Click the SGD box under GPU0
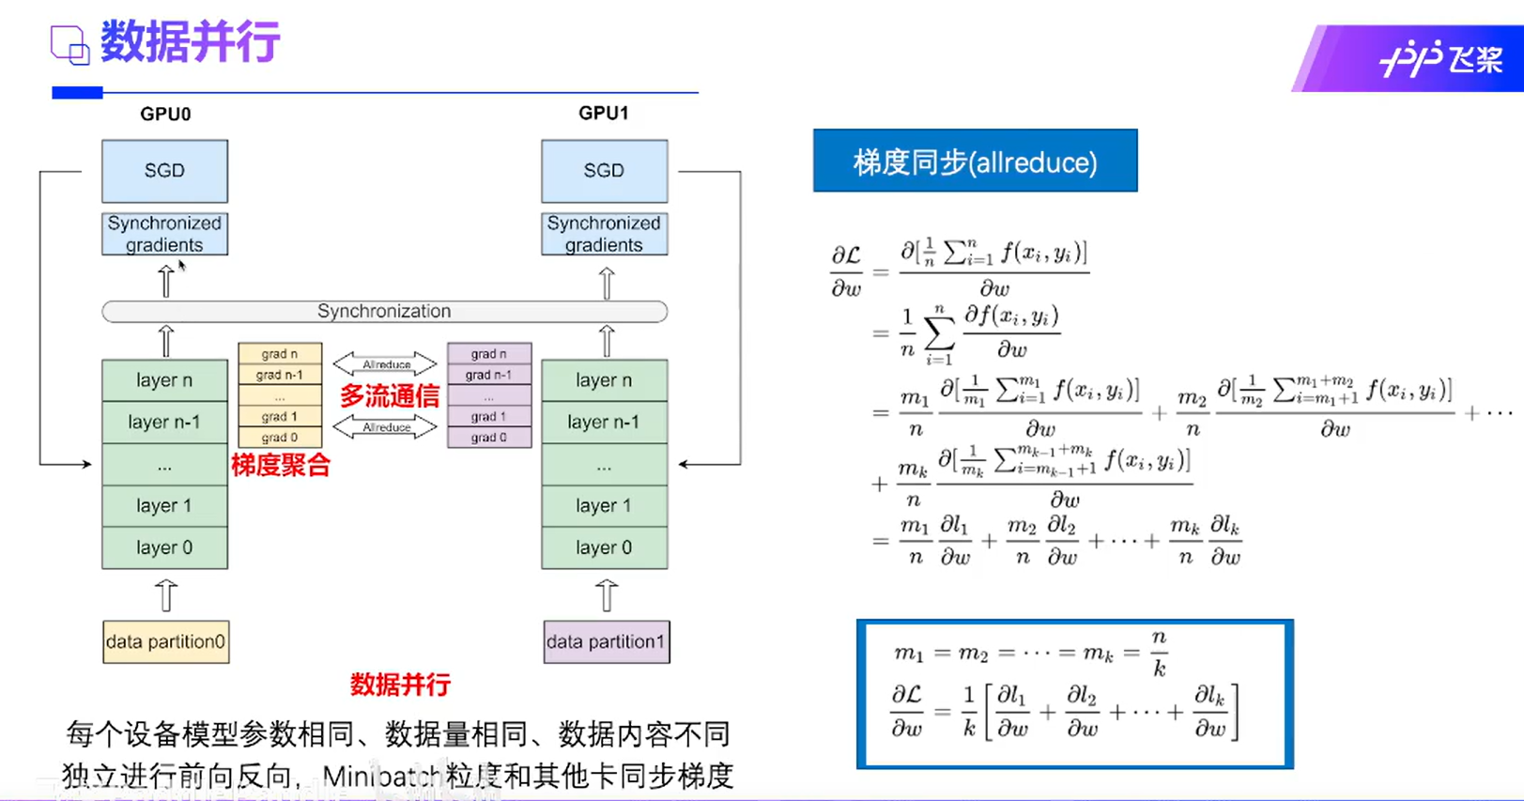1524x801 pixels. (164, 171)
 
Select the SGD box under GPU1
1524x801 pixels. (604, 171)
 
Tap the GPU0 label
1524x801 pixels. (165, 114)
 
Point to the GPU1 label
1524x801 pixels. (604, 113)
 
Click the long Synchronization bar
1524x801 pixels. (384, 311)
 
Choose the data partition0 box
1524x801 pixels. (165, 642)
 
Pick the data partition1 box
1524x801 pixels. (606, 642)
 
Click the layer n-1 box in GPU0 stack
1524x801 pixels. (164, 422)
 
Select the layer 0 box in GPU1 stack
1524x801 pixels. (604, 547)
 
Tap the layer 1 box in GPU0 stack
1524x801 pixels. (164, 505)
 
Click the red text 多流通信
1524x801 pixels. (389, 396)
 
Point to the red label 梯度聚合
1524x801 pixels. (281, 465)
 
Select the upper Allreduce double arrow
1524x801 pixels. (386, 364)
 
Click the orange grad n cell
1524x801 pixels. (280, 354)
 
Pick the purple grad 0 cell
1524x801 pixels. (489, 438)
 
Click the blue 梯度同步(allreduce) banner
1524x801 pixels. (975, 162)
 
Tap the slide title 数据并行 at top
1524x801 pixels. (190, 42)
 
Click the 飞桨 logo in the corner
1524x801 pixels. (1440, 60)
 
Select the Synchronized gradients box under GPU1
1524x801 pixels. (604, 234)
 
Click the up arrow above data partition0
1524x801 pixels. (166, 595)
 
